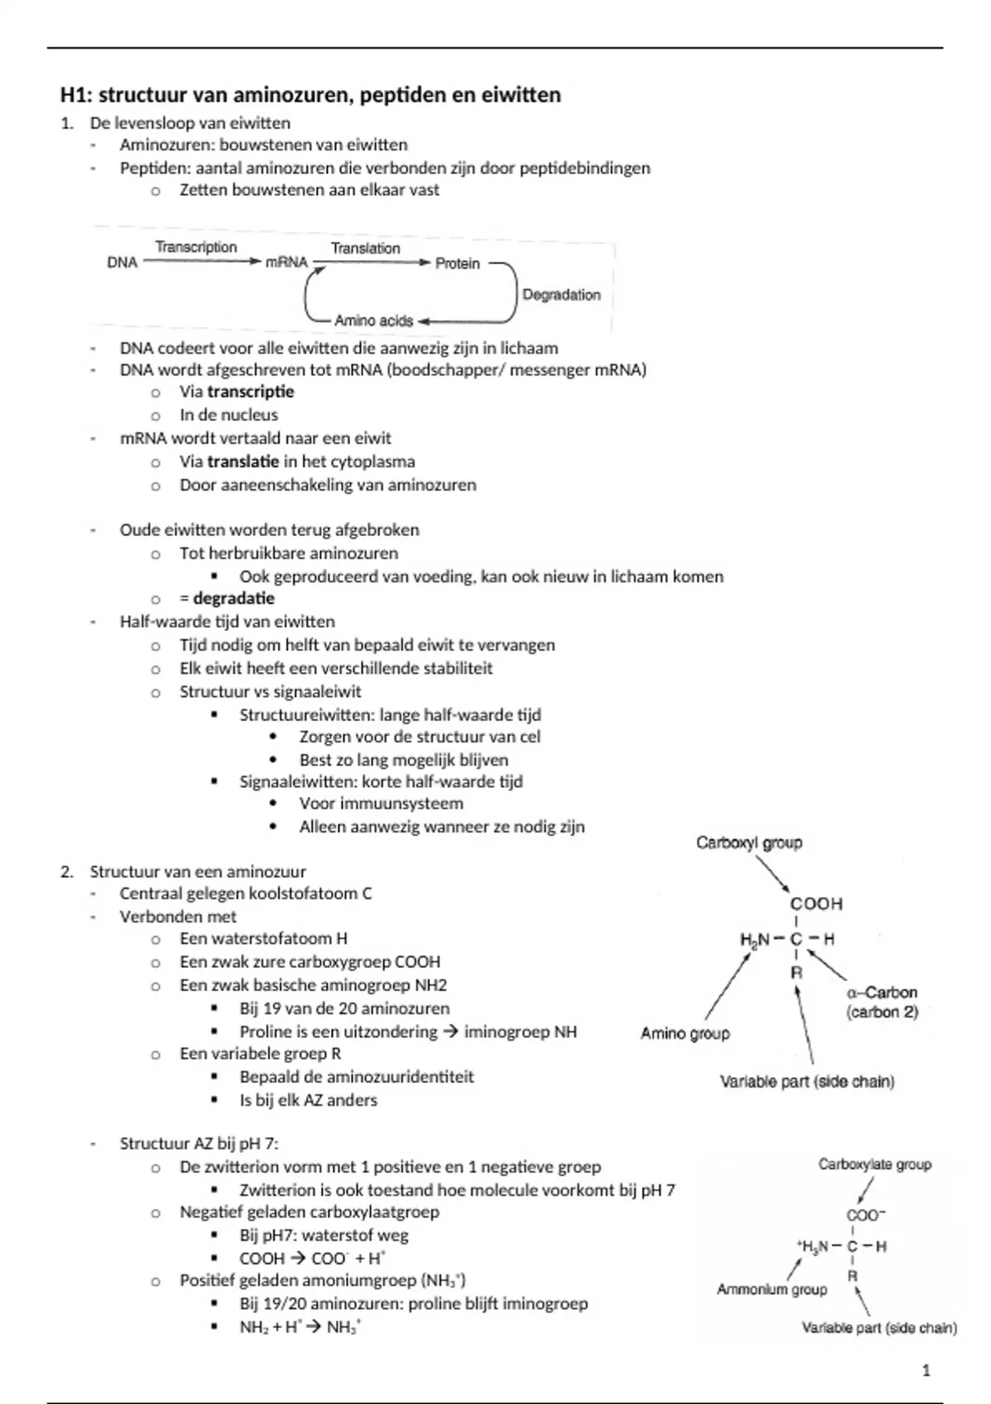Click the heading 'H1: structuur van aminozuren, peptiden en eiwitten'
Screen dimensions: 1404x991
click(x=311, y=95)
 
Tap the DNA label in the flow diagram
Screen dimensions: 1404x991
click(x=122, y=263)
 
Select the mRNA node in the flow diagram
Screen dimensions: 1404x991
click(x=286, y=263)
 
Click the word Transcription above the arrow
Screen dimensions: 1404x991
click(x=196, y=247)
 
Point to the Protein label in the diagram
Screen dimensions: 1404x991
click(x=458, y=263)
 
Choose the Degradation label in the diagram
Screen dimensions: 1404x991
click(x=562, y=295)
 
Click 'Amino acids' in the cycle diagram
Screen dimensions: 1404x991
click(x=373, y=320)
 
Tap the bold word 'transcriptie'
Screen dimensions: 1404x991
click(x=250, y=391)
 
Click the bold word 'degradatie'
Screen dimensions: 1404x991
click(x=234, y=598)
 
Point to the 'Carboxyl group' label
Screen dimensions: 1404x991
click(x=749, y=842)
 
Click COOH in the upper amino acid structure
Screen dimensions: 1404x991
click(x=816, y=904)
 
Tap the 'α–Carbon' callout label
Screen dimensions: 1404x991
click(x=882, y=992)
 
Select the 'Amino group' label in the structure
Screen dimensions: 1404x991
click(x=685, y=1033)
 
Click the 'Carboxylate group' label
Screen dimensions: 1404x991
click(x=875, y=1164)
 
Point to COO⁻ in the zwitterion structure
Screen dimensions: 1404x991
click(x=865, y=1215)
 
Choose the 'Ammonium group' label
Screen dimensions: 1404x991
click(x=771, y=1289)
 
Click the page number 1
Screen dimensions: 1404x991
click(x=926, y=1370)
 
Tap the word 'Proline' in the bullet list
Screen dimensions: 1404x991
click(x=267, y=1032)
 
